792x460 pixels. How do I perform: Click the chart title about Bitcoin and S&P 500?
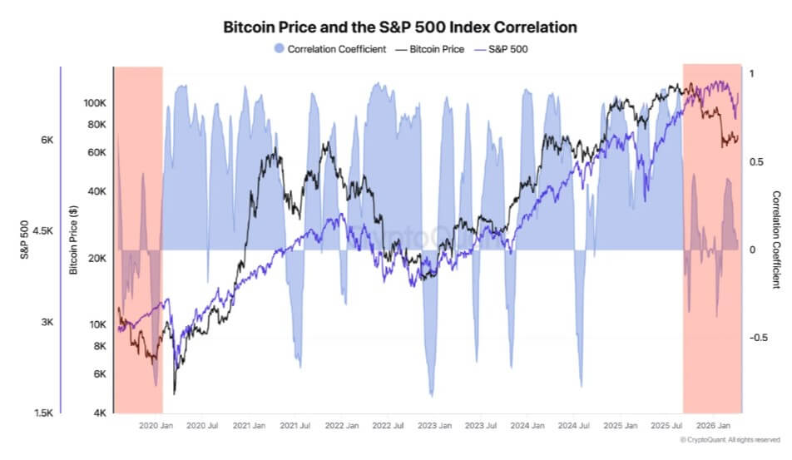click(399, 27)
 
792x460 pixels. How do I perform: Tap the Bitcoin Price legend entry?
click(429, 49)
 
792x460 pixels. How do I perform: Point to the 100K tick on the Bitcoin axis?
click(94, 103)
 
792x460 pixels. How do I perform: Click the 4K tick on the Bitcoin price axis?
click(98, 413)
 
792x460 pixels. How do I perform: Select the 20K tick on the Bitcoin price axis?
click(96, 259)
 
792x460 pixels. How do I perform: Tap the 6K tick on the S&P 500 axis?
click(47, 141)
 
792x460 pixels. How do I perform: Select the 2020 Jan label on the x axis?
click(155, 425)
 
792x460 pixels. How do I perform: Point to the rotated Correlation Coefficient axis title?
click(776, 240)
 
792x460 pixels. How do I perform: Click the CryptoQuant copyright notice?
click(730, 439)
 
